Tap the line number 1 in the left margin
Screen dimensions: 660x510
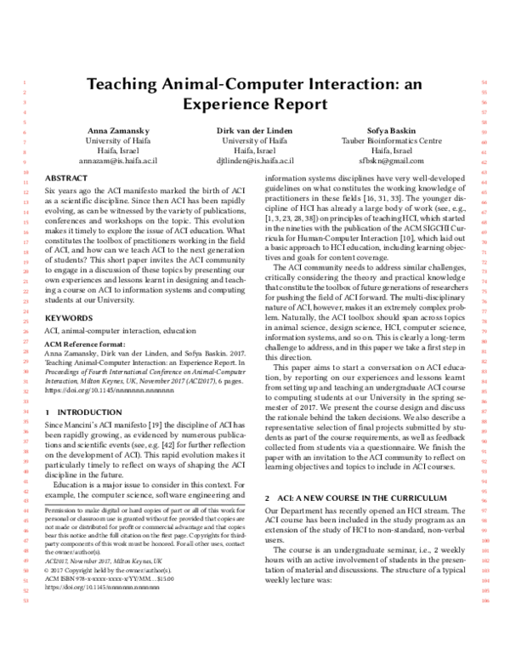click(x=19, y=82)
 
